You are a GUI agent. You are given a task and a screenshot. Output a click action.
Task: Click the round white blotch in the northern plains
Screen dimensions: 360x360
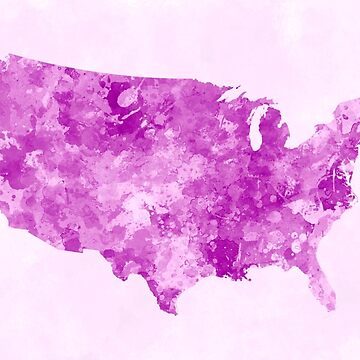[129, 98]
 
